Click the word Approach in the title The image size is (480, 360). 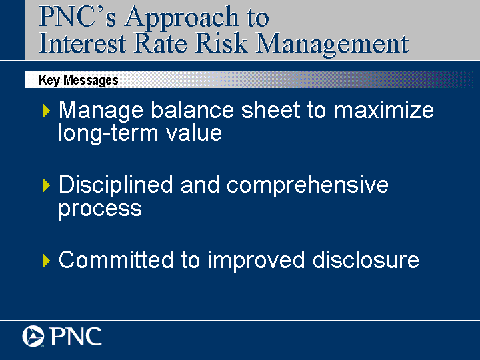click(181, 18)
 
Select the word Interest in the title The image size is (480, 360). click(83, 43)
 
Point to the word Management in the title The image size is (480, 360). click(332, 45)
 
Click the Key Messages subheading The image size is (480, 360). click(79, 80)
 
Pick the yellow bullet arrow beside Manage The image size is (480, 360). click(46, 111)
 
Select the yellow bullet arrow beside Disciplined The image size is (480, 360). click(46, 185)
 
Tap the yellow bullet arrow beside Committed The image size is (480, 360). click(46, 261)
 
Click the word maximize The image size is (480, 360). click(384, 110)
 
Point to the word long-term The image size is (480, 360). click(108, 133)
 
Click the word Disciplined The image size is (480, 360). click(116, 185)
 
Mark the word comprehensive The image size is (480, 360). click(307, 185)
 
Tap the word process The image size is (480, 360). click(100, 210)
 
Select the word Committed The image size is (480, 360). click(116, 260)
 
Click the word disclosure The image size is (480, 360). click(365, 260)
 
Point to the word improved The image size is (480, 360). click(256, 261)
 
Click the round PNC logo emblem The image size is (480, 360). click(33, 336)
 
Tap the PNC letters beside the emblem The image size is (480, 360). click(75, 336)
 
